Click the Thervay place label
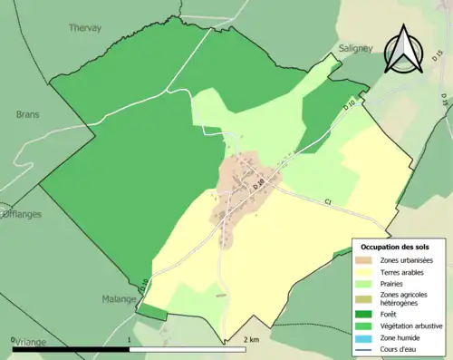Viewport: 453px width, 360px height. [x=86, y=28]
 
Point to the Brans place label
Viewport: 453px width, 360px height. [x=28, y=115]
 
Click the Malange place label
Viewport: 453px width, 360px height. [x=118, y=297]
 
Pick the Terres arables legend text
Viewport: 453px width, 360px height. [x=407, y=271]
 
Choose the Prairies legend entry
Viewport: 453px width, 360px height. [x=397, y=283]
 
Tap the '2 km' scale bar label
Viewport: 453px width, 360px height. [x=252, y=338]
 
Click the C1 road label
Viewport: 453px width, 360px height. [x=327, y=201]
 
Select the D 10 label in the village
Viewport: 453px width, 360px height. [x=260, y=186]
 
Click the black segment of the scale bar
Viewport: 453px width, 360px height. [x=72, y=348]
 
